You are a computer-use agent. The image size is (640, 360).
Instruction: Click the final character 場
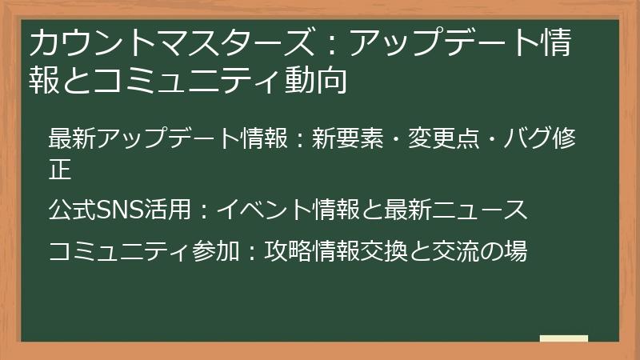coord(515,251)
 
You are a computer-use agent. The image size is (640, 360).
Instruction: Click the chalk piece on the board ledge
coord(563,339)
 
